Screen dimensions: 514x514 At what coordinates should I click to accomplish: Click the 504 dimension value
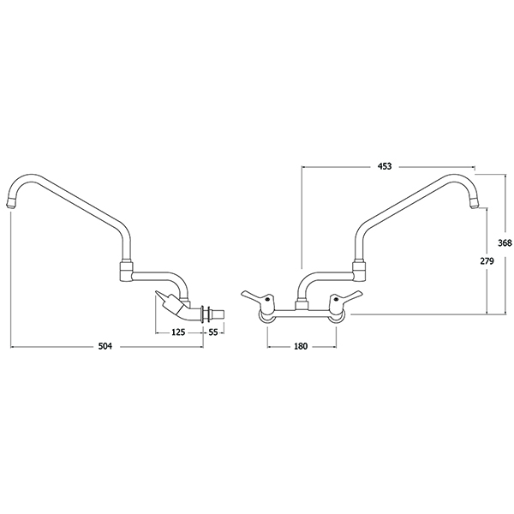tap(105, 346)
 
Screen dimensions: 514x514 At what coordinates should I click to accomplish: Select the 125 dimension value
tap(178, 332)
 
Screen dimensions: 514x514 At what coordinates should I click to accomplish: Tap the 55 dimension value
tap(213, 332)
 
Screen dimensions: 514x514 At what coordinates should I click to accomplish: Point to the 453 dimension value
tap(385, 166)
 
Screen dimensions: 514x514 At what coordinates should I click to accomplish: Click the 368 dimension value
tap(505, 243)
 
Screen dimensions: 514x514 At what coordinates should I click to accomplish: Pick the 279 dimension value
tap(487, 261)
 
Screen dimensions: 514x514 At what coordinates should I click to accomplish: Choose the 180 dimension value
tap(301, 346)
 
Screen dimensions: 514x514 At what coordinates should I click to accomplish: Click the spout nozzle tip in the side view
tap(12, 204)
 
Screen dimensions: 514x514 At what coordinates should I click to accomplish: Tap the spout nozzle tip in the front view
tap(474, 204)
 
